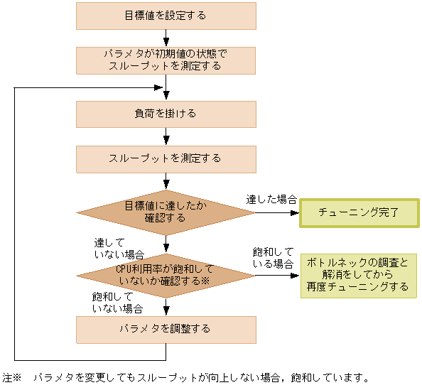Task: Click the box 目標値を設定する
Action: (166, 16)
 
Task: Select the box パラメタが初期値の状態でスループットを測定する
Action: (166, 60)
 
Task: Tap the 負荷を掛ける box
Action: (166, 114)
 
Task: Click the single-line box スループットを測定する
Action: (166, 158)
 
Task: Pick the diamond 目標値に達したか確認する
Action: (166, 212)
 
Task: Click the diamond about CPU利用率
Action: (166, 275)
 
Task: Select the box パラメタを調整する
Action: (166, 329)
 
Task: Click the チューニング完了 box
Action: (358, 212)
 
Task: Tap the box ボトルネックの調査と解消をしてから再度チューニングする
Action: (358, 275)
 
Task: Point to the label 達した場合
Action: (271, 199)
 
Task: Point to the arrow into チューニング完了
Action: (277, 212)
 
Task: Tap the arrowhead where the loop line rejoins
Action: (161, 87)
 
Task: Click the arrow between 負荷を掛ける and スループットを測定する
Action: (166, 136)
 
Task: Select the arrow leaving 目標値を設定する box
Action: (166, 38)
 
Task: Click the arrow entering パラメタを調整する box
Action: (166, 307)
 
